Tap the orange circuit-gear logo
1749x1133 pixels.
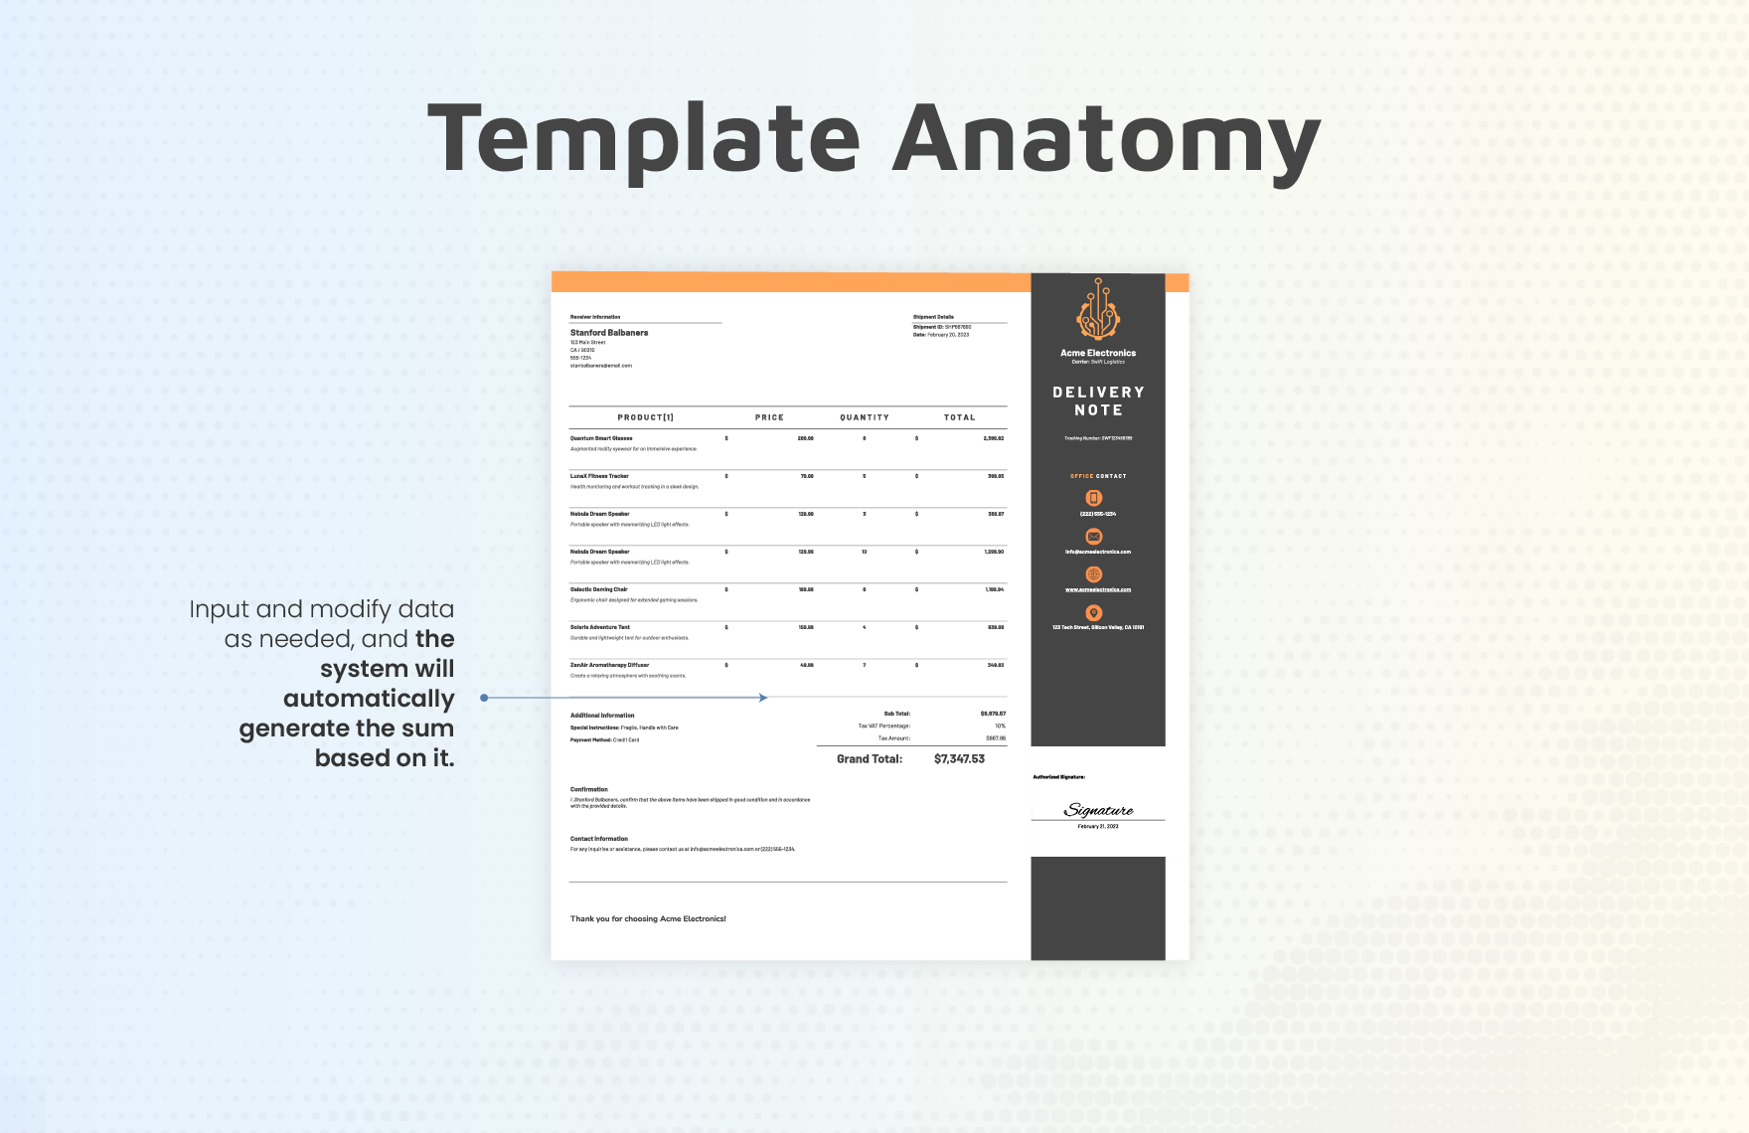click(1098, 310)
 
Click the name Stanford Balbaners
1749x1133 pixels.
click(609, 333)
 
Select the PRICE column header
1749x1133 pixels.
click(769, 417)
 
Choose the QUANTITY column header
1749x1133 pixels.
click(865, 417)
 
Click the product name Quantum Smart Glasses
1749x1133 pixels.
click(601, 438)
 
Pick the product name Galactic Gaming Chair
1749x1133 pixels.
click(599, 589)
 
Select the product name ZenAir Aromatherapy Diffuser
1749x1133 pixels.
click(609, 665)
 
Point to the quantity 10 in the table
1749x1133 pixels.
click(865, 552)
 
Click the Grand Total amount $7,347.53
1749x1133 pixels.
click(959, 759)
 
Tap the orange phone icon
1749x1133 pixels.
click(1094, 498)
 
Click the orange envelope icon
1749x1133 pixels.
click(1094, 537)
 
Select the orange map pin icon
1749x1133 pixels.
click(1094, 613)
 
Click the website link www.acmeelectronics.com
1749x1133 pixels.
click(1098, 589)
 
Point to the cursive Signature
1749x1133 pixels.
click(1099, 810)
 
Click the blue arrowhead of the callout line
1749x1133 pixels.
click(763, 698)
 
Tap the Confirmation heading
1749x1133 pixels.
click(589, 789)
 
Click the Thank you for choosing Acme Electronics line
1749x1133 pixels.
click(648, 919)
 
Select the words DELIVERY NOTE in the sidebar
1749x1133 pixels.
click(1098, 402)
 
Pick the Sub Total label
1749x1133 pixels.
click(896, 714)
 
